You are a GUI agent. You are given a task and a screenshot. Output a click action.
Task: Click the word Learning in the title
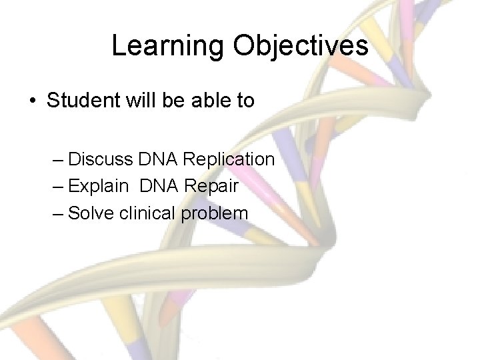click(167, 46)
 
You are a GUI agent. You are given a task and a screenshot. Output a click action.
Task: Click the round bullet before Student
click(32, 101)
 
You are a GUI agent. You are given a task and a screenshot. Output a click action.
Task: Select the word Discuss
click(101, 159)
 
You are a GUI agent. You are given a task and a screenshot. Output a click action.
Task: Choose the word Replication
click(228, 160)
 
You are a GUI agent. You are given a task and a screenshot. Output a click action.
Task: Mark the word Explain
click(98, 187)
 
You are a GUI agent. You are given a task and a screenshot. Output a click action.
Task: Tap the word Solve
click(91, 213)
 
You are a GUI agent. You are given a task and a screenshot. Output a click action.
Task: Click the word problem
click(214, 214)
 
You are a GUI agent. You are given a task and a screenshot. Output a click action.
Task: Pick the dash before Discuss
click(57, 160)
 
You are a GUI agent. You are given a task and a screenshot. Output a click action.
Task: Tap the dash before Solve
click(57, 214)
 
